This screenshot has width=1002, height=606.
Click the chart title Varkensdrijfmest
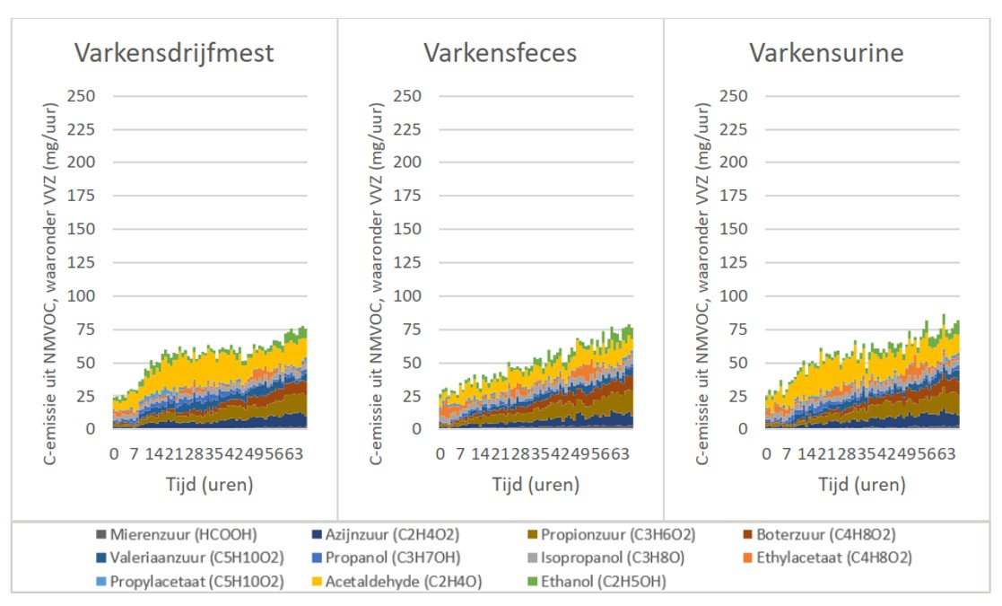pyautogui.click(x=174, y=53)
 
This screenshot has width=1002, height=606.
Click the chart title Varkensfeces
pyautogui.click(x=500, y=53)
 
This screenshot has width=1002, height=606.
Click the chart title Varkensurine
pyautogui.click(x=826, y=53)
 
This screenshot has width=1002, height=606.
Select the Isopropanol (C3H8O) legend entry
pyautogui.click(x=614, y=558)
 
